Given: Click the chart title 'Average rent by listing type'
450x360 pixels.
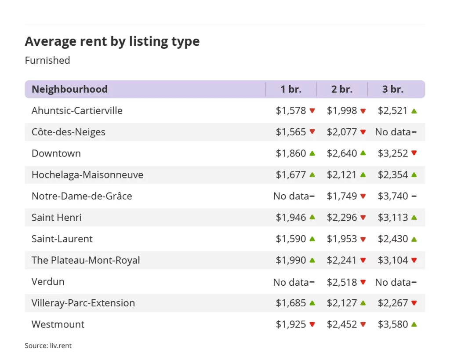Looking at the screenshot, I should pos(112,41).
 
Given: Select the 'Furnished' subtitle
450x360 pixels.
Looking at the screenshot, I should pos(47,60).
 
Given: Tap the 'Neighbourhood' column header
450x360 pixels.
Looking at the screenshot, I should pos(69,89).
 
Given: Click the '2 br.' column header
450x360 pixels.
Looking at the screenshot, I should pos(342,89).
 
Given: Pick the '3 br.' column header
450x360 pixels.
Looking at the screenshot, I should pos(393,89).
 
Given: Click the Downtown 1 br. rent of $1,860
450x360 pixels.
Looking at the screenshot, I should pos(291,153).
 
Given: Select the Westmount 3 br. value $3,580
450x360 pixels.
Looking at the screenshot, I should pos(393,324).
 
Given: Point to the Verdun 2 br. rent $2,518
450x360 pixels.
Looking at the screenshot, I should pos(342,282).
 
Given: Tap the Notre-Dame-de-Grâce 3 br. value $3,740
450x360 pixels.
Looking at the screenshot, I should pos(393,196).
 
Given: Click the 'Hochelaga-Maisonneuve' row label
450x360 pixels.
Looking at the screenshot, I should pos(87,175).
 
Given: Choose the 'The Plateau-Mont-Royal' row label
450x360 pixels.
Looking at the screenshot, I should pos(86,260).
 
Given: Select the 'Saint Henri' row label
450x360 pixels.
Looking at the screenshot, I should pos(57,218).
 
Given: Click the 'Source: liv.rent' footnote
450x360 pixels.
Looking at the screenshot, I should pos(48,346).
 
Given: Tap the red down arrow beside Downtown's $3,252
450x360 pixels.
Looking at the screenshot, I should pos(414,153).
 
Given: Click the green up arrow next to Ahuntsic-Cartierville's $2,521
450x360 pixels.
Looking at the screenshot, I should pos(414,111).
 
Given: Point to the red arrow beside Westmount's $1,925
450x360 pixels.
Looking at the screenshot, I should pos(312,324).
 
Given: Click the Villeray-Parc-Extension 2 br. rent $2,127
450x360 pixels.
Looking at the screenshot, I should pos(342,303).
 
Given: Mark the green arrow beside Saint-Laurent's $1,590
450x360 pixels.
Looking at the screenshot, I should pos(312,239).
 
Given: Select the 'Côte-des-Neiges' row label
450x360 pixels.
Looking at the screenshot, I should pos(69,132).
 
